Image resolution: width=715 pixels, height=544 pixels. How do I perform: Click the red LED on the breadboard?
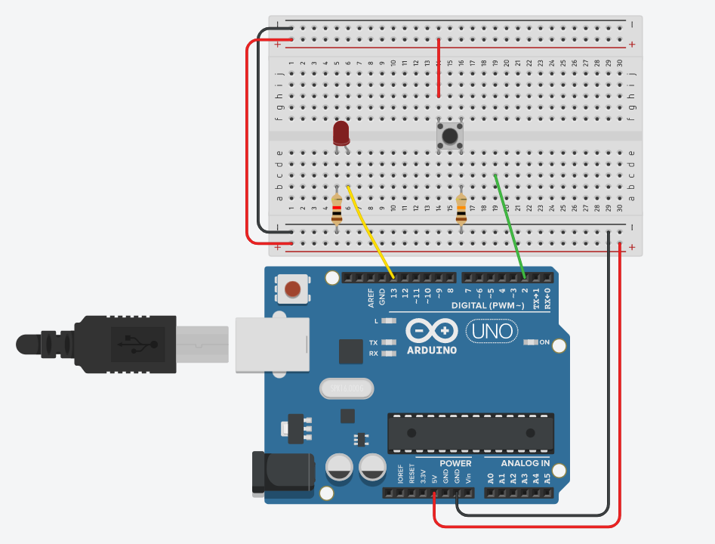pyautogui.click(x=341, y=134)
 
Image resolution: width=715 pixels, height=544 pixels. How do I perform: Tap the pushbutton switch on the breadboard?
pyautogui.click(x=450, y=137)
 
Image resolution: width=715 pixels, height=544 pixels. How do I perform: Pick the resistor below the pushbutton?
pyautogui.click(x=461, y=209)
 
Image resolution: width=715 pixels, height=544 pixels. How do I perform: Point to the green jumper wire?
pyautogui.click(x=509, y=224)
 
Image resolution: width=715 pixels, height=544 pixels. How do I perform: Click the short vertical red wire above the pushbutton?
pyautogui.click(x=439, y=68)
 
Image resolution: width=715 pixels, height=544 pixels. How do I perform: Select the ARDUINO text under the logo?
pyautogui.click(x=431, y=350)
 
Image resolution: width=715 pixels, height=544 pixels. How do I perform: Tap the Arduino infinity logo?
pyautogui.click(x=431, y=331)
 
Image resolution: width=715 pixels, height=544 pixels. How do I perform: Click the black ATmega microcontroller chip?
pyautogui.click(x=470, y=433)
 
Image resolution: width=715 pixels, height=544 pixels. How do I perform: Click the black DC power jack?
pyautogui.click(x=281, y=474)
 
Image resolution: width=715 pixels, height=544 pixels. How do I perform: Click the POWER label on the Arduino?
pyautogui.click(x=455, y=463)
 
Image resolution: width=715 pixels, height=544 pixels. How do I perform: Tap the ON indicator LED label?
pyautogui.click(x=544, y=342)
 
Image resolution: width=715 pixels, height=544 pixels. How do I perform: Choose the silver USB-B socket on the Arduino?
pyautogui.click(x=273, y=344)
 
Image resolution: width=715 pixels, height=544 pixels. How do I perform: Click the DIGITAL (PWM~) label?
pyautogui.click(x=488, y=305)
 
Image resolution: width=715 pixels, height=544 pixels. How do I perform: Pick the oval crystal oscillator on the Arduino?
pyautogui.click(x=347, y=388)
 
